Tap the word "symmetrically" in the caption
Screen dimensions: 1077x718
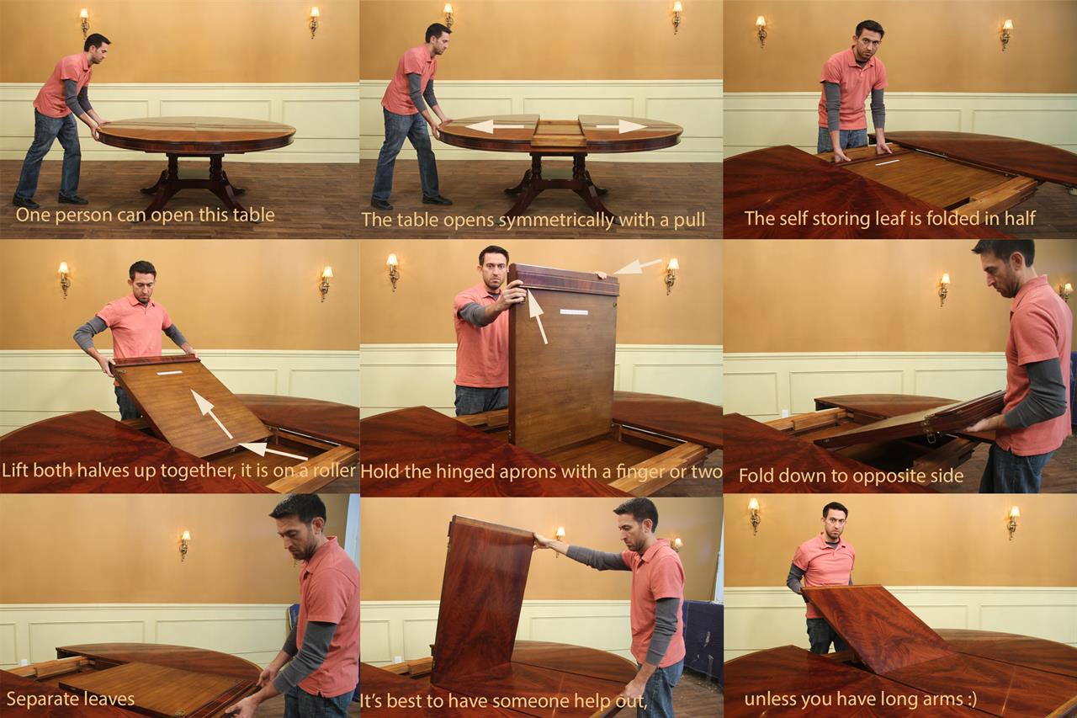point(556,221)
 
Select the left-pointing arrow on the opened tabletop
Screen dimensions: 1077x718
point(494,126)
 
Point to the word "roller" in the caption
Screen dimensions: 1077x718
point(334,470)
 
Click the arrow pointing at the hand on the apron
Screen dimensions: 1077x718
point(638,267)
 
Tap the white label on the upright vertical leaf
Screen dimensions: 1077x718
point(574,312)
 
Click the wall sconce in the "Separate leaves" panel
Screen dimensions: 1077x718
point(184,545)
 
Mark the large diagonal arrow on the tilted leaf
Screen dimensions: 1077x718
point(211,413)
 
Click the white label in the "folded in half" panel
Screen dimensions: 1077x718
point(887,162)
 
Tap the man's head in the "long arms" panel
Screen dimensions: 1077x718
point(835,520)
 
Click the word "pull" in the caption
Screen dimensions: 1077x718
point(687,221)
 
